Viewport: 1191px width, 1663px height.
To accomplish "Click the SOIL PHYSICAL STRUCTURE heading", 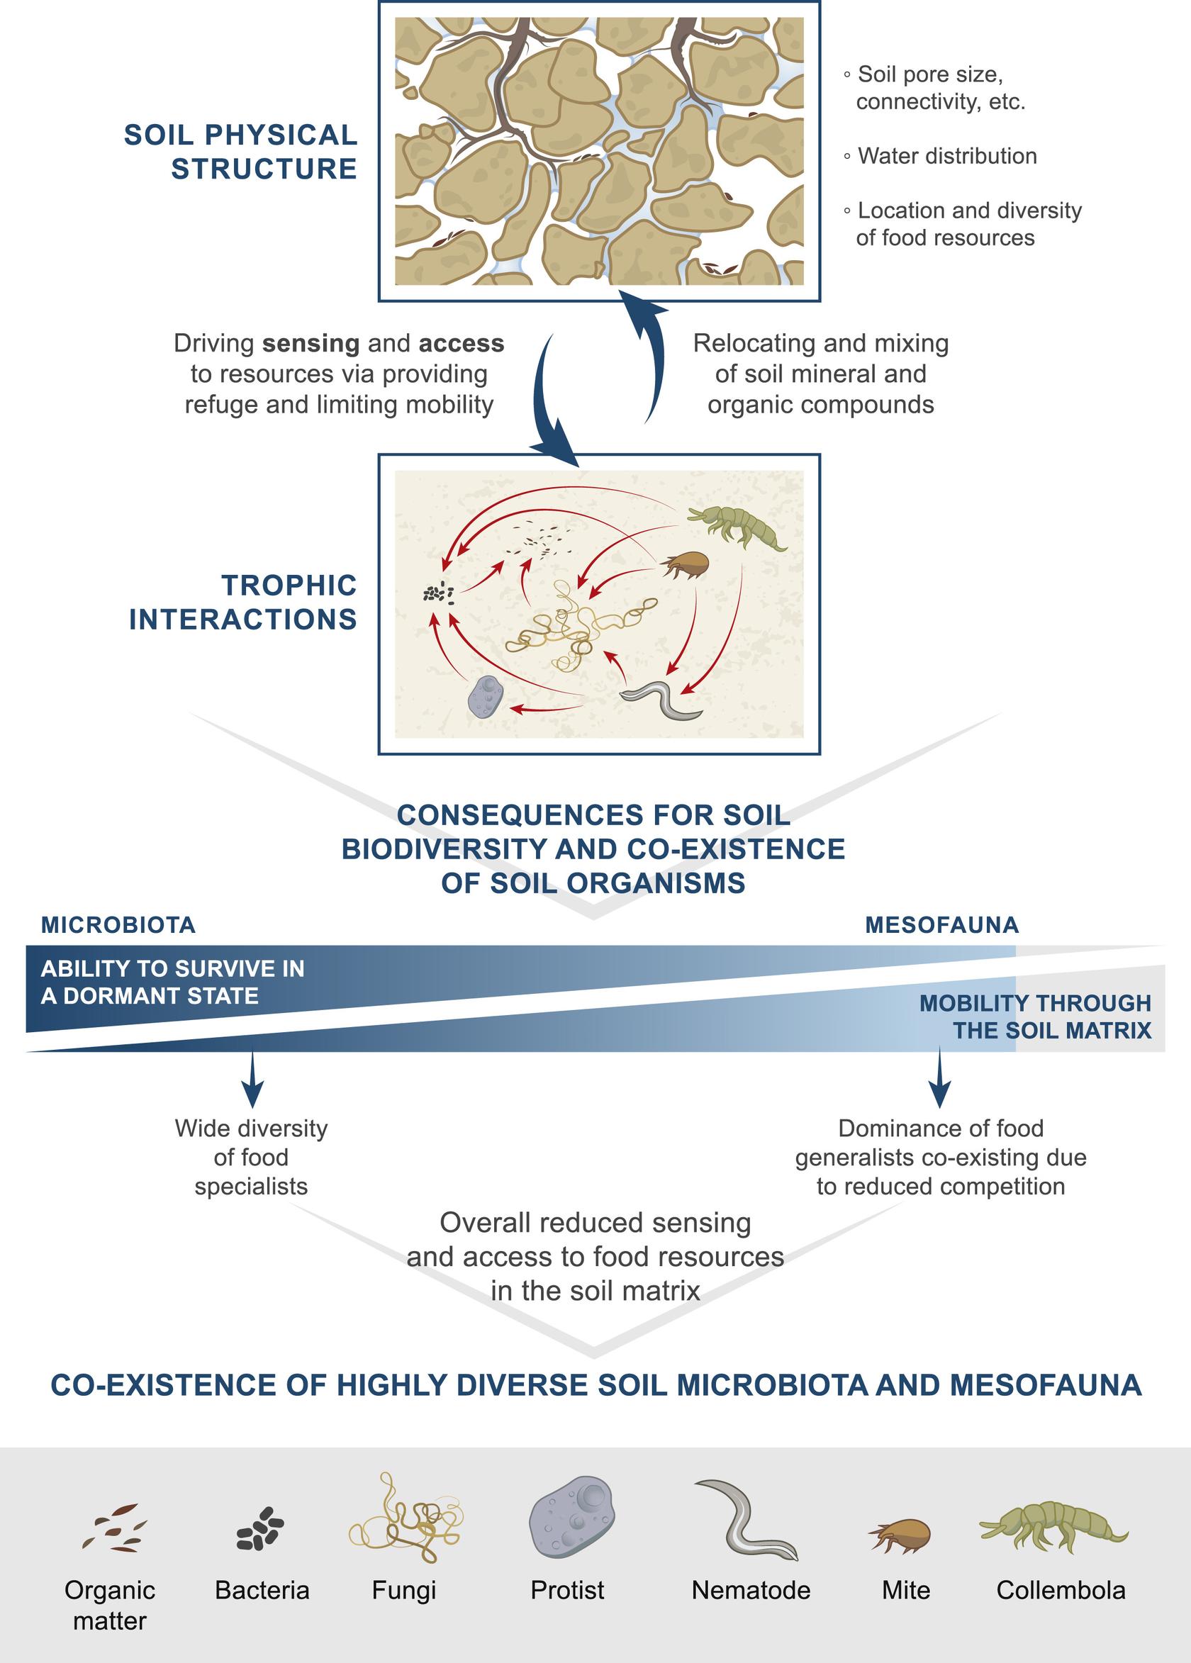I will point(240,152).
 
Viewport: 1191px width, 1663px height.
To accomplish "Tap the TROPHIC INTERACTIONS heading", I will point(243,602).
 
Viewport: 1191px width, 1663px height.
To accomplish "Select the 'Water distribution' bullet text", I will point(947,156).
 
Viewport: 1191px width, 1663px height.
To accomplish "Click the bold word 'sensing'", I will point(311,343).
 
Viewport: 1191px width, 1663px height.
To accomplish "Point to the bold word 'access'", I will point(462,343).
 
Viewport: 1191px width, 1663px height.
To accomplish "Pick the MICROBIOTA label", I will point(118,924).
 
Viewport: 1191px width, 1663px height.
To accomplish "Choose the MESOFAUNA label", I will point(941,924).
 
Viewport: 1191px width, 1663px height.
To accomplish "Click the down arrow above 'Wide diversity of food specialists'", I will point(252,1080).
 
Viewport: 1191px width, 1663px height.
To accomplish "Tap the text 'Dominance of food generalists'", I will point(940,1143).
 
